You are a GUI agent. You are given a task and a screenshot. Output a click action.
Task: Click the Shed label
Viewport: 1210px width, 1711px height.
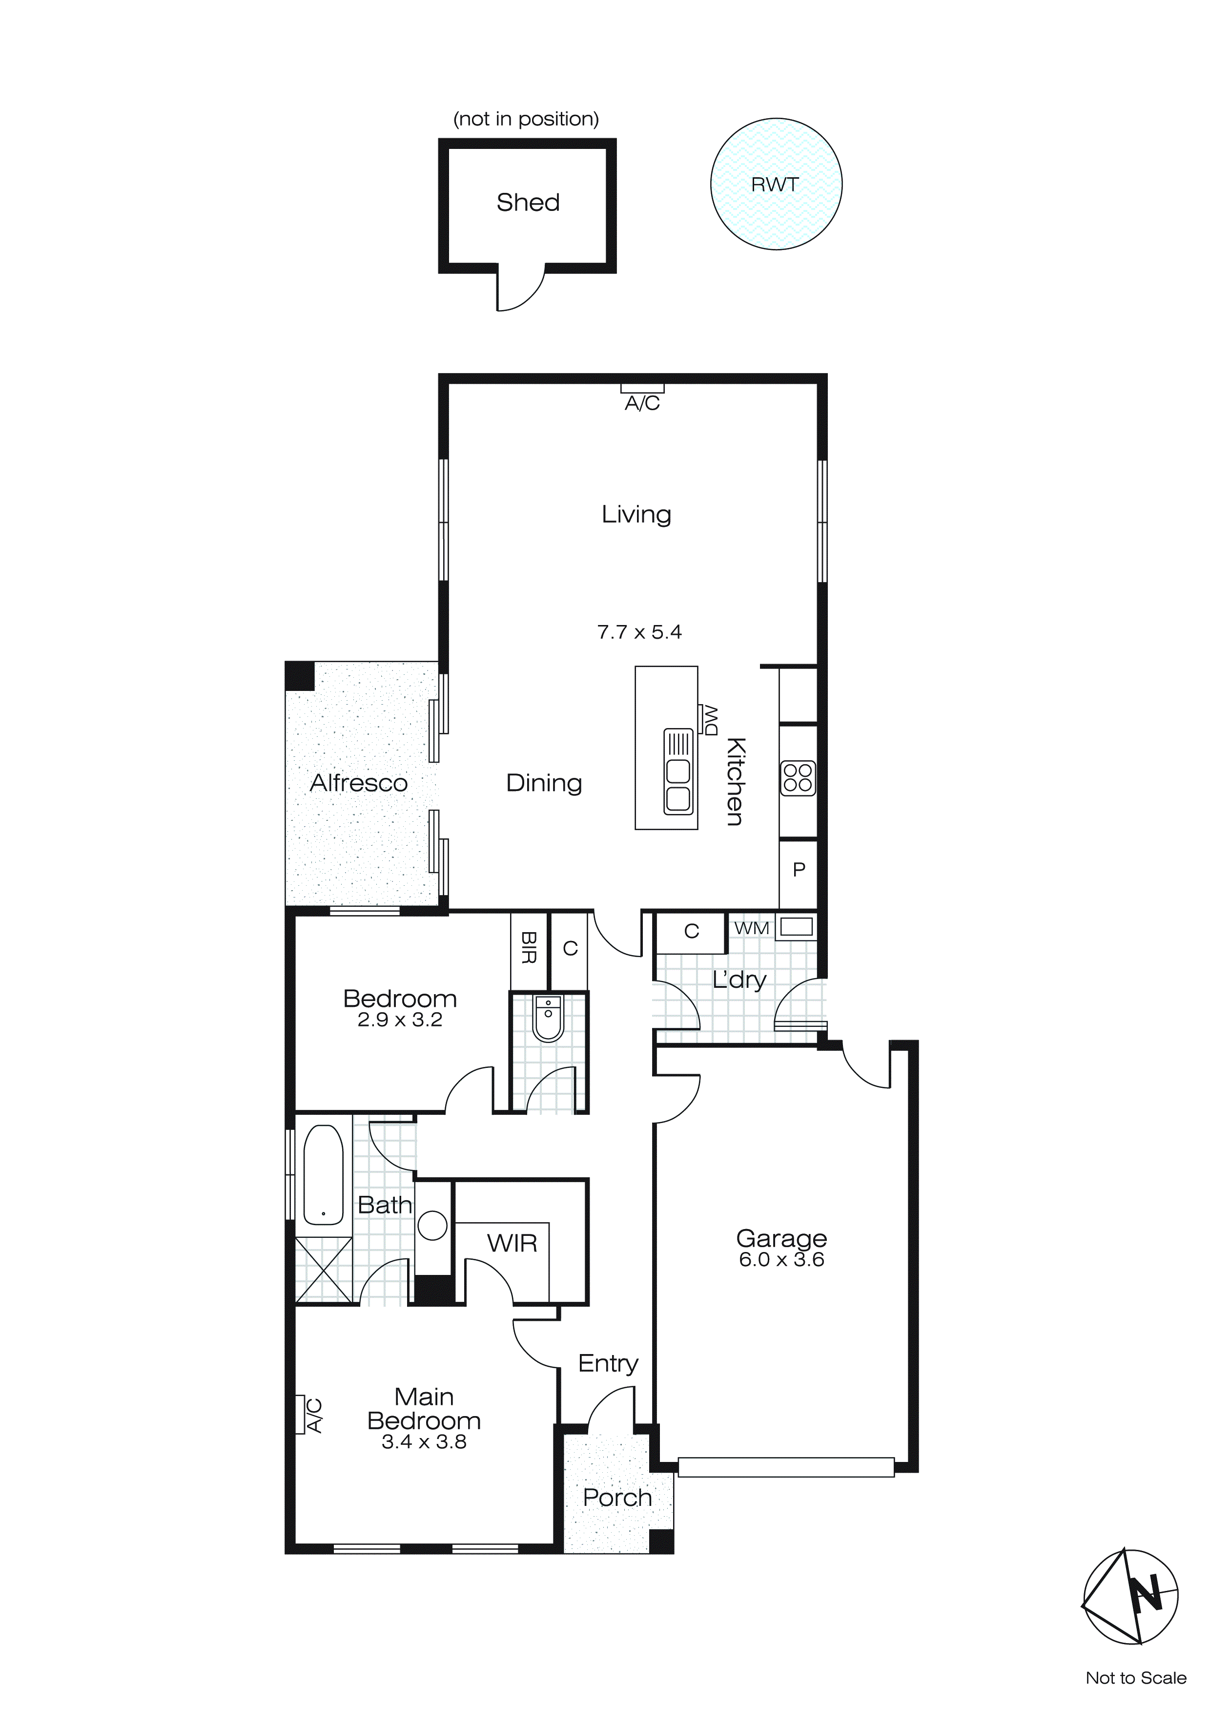click(528, 203)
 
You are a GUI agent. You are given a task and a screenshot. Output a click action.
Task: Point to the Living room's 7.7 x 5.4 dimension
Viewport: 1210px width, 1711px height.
click(639, 633)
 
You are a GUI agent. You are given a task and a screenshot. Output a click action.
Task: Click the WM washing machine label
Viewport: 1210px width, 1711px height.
click(751, 929)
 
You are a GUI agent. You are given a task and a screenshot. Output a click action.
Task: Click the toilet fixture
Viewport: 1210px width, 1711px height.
click(548, 1018)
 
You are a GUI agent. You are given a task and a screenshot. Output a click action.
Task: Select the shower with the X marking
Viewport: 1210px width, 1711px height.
click(324, 1270)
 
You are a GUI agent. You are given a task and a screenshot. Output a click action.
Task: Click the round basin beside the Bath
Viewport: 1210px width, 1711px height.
click(432, 1225)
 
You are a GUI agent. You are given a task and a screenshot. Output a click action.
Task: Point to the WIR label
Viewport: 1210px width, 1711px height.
click(512, 1243)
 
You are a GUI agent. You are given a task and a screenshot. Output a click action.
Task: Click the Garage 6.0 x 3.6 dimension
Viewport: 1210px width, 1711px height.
click(781, 1259)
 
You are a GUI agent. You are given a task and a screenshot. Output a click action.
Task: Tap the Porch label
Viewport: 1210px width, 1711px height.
click(617, 1498)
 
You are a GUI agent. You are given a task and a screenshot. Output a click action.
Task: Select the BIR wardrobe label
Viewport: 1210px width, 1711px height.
click(528, 948)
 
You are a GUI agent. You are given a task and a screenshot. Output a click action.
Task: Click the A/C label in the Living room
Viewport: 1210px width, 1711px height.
click(642, 403)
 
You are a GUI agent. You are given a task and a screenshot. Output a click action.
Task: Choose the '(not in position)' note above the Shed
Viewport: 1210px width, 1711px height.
click(526, 119)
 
